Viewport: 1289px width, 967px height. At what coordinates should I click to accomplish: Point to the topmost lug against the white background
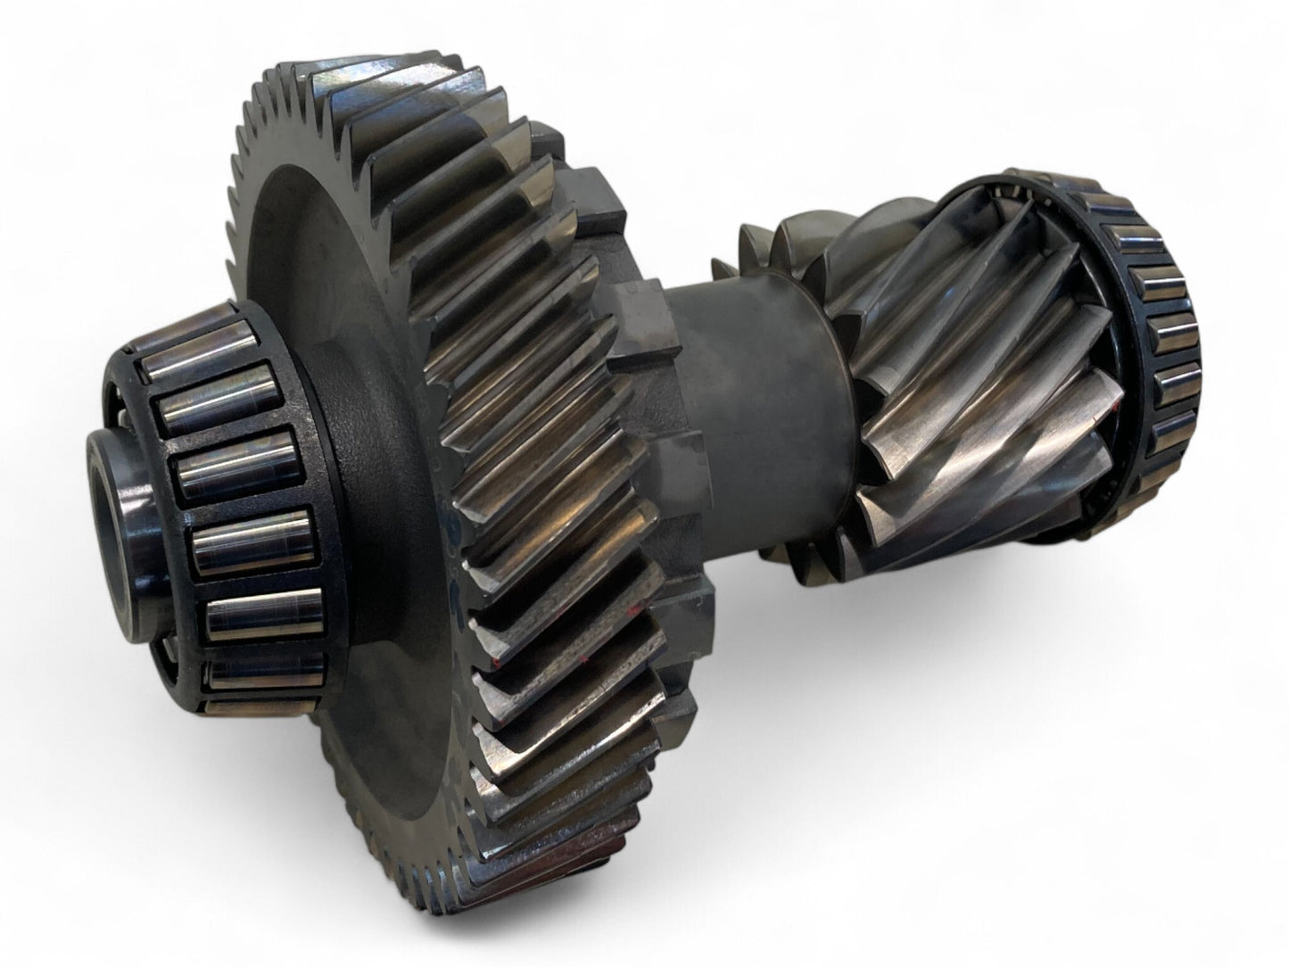coord(546,134)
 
